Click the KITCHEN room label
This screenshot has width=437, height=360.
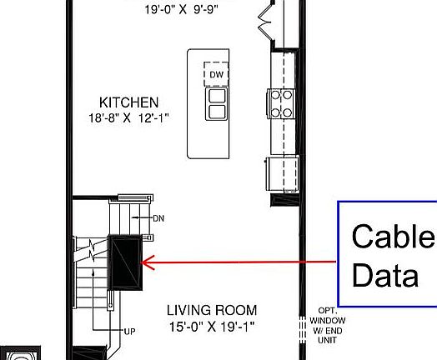pyautogui.click(x=128, y=102)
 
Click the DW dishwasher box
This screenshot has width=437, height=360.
pyautogui.click(x=217, y=74)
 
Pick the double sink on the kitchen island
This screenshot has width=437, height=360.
pyautogui.click(x=217, y=103)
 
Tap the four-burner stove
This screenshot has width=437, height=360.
pyautogui.click(x=281, y=103)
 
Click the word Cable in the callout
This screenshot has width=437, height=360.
pyautogui.click(x=393, y=237)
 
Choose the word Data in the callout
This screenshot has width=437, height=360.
pyautogui.click(x=385, y=274)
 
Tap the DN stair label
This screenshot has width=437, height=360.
pyautogui.click(x=158, y=218)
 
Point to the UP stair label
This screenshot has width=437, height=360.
pyautogui.click(x=129, y=332)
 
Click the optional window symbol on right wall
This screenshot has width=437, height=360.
pyautogui.click(x=300, y=325)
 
